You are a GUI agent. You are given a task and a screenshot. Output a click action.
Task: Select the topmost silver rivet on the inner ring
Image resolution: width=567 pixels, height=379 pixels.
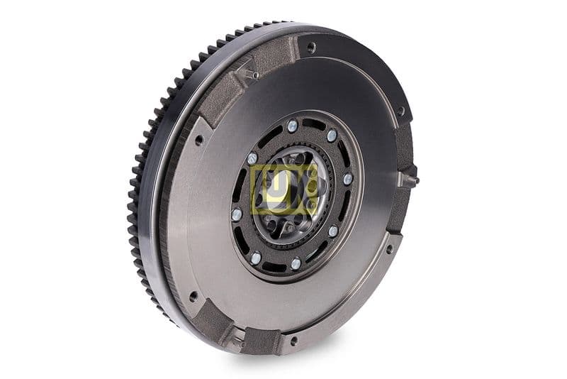(292, 126)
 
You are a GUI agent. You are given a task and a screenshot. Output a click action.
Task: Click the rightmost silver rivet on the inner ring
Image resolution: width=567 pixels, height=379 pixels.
(347, 179)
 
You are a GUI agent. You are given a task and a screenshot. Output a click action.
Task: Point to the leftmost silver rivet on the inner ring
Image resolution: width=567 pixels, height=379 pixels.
(236, 214)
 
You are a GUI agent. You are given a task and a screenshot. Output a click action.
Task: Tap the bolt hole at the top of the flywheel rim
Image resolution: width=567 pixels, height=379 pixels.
(310, 48)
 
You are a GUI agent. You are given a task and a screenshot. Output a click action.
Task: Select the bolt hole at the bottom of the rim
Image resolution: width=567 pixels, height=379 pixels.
(293, 341)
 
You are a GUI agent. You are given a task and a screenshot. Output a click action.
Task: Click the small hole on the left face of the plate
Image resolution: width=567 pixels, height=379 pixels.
(199, 140)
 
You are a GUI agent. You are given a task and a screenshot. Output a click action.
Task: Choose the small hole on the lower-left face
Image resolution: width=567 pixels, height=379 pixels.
(193, 296)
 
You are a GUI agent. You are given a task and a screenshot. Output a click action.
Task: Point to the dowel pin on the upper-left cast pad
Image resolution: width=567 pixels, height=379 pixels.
(254, 74)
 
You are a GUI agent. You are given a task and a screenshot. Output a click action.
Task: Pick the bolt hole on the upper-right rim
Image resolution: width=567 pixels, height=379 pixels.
(400, 111)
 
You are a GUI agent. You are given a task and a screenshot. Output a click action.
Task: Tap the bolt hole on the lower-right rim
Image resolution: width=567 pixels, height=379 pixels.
(388, 248)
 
